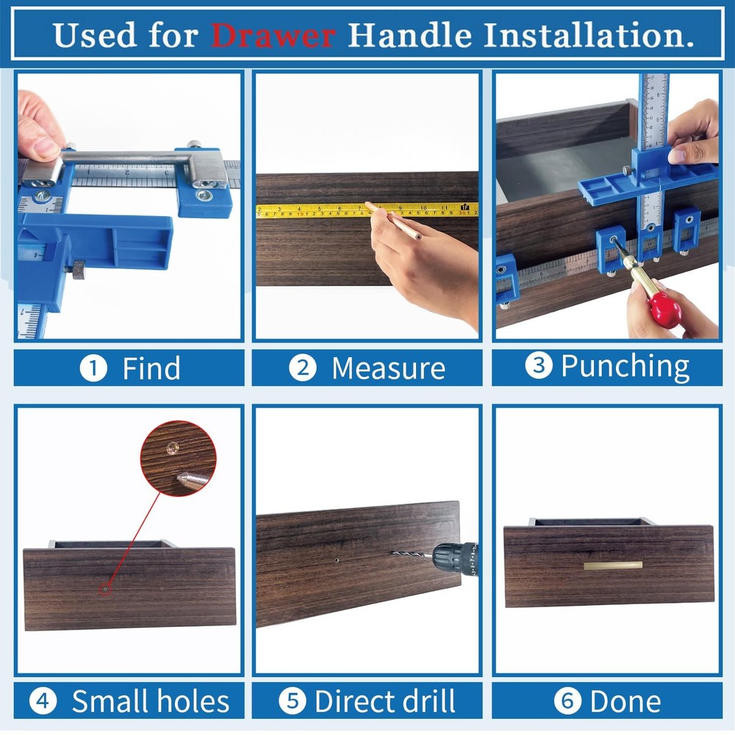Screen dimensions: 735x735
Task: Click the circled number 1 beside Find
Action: tap(93, 368)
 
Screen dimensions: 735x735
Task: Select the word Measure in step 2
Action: tap(388, 368)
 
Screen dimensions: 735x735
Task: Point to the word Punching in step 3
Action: tap(625, 366)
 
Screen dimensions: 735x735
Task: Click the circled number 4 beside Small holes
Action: tap(43, 701)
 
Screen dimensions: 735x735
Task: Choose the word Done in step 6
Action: tap(625, 701)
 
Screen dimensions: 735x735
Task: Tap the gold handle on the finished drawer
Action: tap(613, 565)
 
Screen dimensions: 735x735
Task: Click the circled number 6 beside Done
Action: tap(566, 701)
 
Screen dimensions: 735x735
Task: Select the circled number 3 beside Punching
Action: tap(539, 366)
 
